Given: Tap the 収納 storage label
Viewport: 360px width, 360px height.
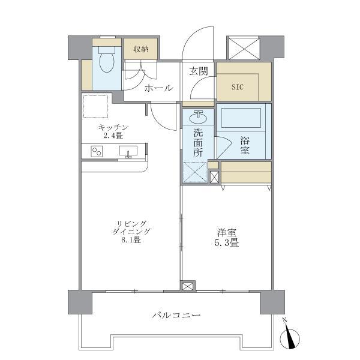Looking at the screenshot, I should (x=141, y=49).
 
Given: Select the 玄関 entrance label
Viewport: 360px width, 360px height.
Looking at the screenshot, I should (x=199, y=71).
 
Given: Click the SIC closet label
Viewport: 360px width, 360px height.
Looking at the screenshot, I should (x=238, y=86).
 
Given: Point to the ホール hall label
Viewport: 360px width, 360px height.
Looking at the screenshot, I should (x=158, y=88).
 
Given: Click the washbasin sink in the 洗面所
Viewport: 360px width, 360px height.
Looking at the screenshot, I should (x=199, y=115).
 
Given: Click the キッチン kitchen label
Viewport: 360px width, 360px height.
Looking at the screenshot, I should (x=113, y=127).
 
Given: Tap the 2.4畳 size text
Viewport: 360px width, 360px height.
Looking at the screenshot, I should (x=113, y=136).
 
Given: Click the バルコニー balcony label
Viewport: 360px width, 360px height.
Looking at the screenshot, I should (x=176, y=314).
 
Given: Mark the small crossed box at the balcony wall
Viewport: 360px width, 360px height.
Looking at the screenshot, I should (x=188, y=286).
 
